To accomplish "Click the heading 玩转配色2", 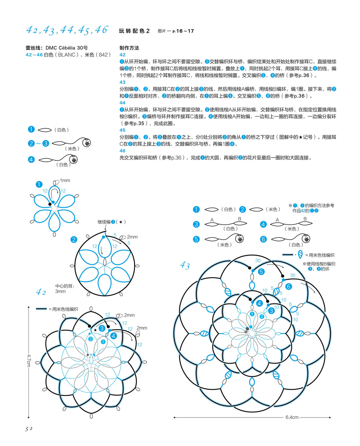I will (134, 31).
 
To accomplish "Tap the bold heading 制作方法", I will (129, 48).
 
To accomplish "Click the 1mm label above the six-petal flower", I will (65, 180).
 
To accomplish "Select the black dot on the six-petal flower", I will (50, 204).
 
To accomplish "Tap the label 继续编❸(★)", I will (111, 222).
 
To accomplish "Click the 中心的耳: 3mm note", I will (65, 289).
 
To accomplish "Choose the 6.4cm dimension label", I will (292, 417).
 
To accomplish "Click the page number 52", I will (28, 429).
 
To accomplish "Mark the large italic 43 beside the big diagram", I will (185, 265).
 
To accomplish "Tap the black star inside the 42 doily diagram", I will (95, 330).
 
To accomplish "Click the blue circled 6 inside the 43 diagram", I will (289, 286).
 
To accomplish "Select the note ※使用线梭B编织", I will (319, 264).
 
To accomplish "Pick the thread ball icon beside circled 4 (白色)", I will (73, 160).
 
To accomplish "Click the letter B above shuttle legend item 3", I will (239, 219).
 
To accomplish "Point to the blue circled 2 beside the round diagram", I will (74, 240).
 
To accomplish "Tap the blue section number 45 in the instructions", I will (122, 130).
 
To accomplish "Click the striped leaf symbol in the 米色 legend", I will (300, 254).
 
